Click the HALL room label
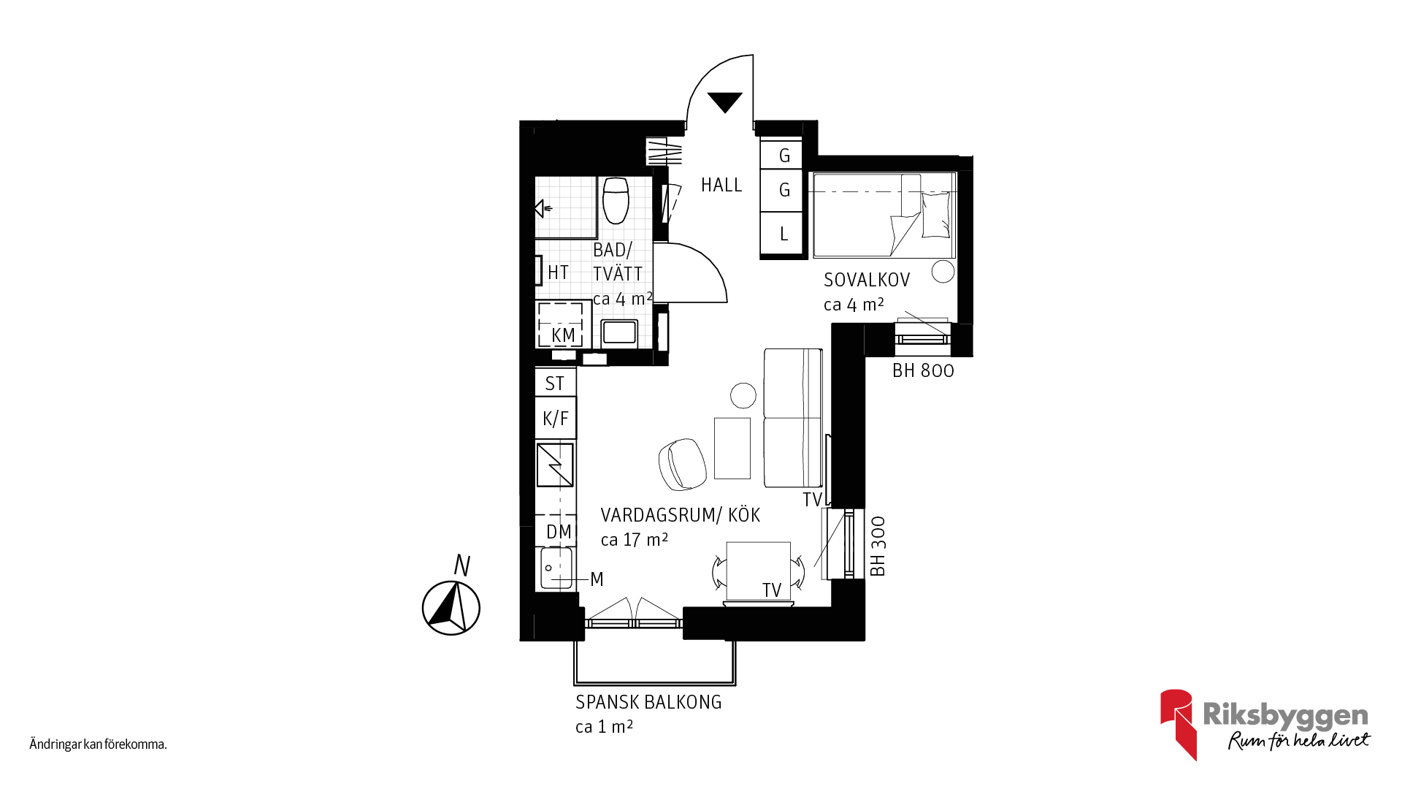tap(721, 185)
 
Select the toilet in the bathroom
tap(616, 200)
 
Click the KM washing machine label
tap(563, 335)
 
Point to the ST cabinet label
tap(555, 384)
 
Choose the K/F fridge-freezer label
tap(556, 419)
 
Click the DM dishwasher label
tap(559, 532)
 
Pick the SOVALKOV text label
tap(867, 280)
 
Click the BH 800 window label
tap(923, 370)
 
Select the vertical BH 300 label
tap(878, 546)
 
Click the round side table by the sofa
tap(743, 395)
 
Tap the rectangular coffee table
tap(732, 448)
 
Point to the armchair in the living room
tap(682, 465)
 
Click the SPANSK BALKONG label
tap(648, 702)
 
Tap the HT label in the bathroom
tap(558, 272)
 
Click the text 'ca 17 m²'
tap(635, 540)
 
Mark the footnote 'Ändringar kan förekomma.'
tap(98, 744)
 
